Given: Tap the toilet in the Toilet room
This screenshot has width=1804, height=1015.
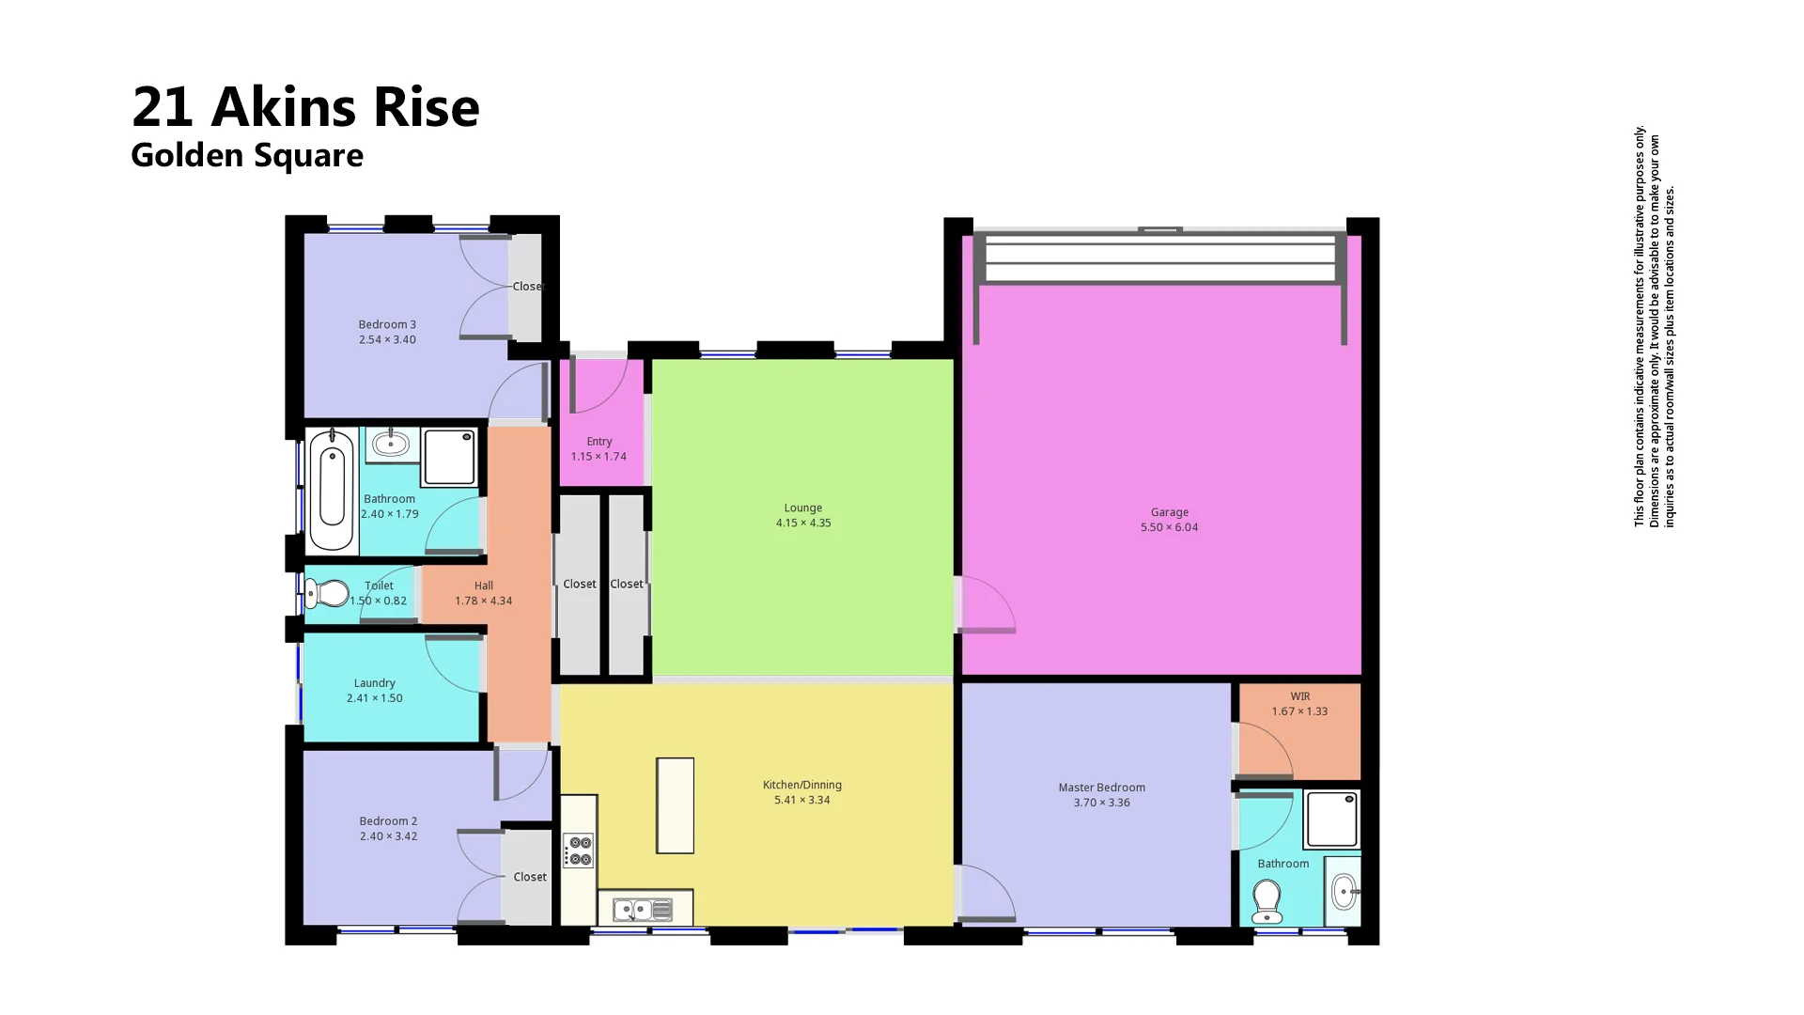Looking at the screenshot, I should pos(326,594).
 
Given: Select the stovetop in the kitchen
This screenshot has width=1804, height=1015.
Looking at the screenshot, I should pos(579,851).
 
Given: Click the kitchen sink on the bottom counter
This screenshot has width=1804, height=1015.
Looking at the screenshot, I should pos(633,910).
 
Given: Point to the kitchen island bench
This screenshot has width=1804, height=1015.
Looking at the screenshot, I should pos(675,805).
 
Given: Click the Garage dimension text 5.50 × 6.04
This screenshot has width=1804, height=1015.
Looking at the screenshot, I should pos(1169,527).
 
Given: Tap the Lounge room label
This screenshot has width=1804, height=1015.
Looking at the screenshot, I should pos(802,507).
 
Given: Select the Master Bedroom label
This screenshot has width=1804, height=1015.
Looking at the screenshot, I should pos(1101,788).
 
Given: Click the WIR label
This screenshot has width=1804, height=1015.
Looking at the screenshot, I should pos(1299,696).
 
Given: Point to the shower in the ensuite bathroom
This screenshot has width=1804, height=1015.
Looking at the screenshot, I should pos(1331,820).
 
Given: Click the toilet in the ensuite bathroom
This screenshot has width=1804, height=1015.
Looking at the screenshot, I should pos(1267,901).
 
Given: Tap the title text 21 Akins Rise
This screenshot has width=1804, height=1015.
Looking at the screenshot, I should pos(305,106).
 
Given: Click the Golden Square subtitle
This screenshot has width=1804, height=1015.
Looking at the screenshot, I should pos(246,155).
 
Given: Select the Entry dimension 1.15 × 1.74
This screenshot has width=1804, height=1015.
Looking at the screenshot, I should pos(599,457).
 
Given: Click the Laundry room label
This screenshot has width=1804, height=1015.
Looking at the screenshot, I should pos(374,683).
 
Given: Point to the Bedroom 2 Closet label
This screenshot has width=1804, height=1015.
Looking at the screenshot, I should pos(529,877).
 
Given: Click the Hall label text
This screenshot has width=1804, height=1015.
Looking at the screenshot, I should pos(483,586).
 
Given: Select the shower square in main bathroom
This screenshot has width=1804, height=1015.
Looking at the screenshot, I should pos(449,456).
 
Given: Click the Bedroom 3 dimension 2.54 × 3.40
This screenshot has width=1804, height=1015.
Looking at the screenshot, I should pos(387,340).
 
